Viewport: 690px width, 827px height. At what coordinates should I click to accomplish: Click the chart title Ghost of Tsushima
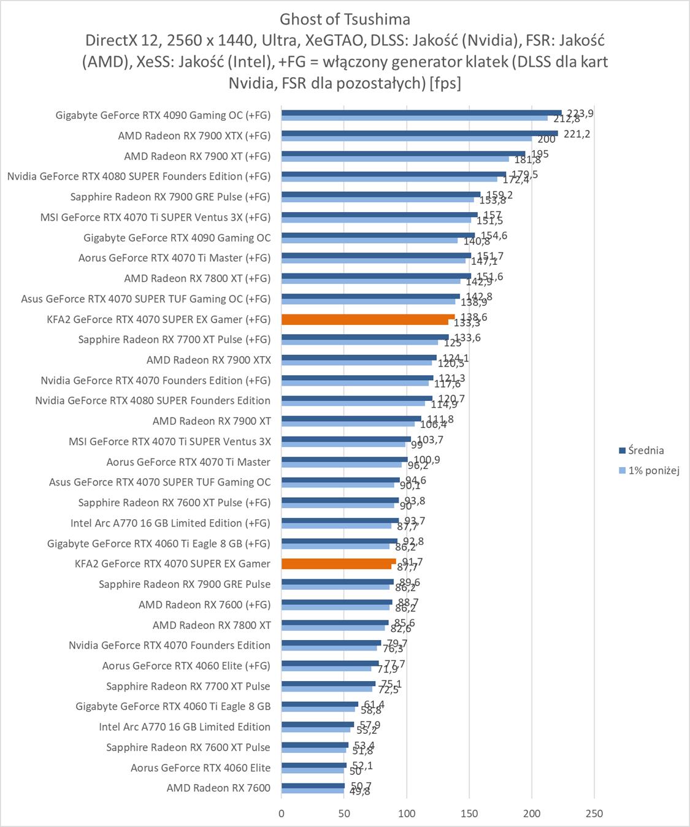345,19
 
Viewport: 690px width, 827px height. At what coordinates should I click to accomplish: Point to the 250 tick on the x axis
594,814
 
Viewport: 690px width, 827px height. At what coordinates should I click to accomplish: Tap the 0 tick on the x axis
282,814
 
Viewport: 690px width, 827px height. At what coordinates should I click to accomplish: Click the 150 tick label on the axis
469,814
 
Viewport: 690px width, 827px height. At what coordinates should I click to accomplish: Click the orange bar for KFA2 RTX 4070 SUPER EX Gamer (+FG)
368,317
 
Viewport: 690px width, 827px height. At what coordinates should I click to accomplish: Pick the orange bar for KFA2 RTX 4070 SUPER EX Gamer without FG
339,562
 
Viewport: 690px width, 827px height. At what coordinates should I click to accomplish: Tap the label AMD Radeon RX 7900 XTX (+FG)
194,135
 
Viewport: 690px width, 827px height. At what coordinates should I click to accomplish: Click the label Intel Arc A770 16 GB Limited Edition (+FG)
170,523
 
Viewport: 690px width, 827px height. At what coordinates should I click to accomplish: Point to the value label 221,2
577,134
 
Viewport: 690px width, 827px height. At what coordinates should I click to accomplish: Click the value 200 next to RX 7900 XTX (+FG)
546,139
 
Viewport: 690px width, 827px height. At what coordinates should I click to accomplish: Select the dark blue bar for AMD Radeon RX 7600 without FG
313,785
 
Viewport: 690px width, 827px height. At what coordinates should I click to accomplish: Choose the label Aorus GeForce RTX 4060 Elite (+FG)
186,665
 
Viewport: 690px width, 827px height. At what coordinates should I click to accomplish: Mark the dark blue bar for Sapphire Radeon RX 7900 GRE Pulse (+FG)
381,194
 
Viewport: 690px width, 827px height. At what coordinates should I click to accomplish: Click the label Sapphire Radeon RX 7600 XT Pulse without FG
188,747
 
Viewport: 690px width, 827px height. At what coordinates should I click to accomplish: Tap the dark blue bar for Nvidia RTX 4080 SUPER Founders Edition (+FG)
394,174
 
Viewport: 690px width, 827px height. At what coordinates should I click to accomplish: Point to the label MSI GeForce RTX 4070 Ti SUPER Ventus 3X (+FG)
155,217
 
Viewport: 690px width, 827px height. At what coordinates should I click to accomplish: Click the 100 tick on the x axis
407,814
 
